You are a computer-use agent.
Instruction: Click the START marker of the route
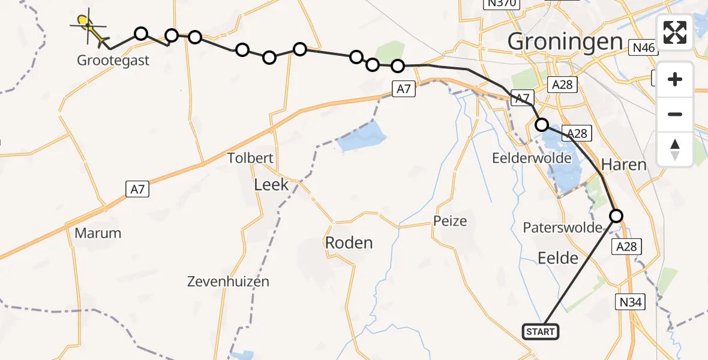pos(541,331)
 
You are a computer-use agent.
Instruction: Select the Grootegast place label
pos(113,60)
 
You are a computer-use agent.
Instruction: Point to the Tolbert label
pos(250,158)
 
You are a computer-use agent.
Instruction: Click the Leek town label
pos(271,184)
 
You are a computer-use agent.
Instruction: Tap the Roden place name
pos(349,242)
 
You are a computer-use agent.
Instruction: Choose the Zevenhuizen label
pos(228,281)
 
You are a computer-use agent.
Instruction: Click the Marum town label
pos(98,233)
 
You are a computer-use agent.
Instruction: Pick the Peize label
pos(450,221)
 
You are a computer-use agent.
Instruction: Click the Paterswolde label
pos(562,227)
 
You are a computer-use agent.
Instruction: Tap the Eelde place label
pos(559,258)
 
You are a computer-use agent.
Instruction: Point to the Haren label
pos(623,164)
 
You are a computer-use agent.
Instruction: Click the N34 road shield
pos(632,302)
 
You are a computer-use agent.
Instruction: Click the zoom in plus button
pos(675,80)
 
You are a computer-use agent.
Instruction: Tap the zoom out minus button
pos(675,114)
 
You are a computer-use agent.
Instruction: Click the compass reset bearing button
pos(675,149)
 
